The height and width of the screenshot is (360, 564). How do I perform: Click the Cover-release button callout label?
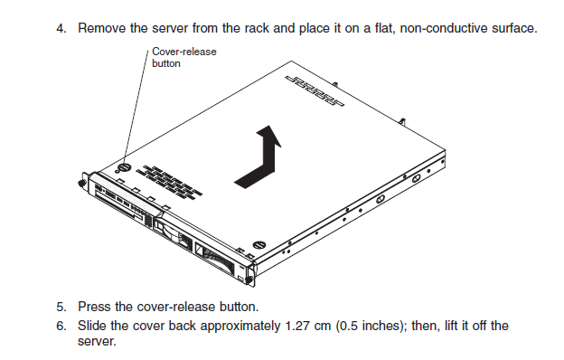[184, 57]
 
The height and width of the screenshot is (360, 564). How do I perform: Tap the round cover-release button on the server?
[124, 167]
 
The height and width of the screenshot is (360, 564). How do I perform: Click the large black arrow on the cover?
[258, 157]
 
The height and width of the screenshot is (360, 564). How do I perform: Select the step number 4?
[61, 28]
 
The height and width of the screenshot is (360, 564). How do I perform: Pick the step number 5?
[61, 307]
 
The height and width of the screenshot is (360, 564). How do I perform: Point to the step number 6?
[61, 326]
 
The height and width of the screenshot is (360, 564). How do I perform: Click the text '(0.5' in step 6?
[347, 326]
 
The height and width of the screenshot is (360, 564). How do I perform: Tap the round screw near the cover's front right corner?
[259, 245]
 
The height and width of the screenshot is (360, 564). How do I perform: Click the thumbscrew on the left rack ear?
[81, 184]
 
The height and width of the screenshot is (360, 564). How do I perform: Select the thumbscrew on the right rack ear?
[249, 280]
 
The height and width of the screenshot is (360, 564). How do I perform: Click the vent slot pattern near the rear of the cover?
[315, 91]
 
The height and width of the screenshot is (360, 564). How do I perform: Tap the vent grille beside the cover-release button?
[170, 184]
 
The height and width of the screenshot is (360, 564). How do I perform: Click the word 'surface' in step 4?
[514, 28]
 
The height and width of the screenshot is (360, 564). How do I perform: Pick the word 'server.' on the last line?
[97, 341]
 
